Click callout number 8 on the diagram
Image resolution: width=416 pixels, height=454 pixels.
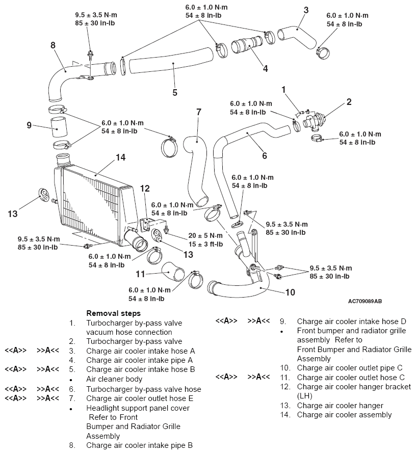(53, 45)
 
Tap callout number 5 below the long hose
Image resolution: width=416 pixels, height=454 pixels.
(174, 92)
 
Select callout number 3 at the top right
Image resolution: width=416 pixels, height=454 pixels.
(306, 10)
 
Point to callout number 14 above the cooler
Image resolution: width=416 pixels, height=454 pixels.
(120, 157)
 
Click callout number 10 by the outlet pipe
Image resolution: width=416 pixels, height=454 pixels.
(290, 292)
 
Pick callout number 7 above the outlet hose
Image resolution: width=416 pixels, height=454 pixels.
(198, 112)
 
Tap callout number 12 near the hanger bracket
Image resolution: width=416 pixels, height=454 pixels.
(145, 189)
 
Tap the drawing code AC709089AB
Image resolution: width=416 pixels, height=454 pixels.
(366, 302)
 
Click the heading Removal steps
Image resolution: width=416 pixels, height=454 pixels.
(114, 313)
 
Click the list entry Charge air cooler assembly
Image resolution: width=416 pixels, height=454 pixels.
(344, 415)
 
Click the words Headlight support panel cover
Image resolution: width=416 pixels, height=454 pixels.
(138, 408)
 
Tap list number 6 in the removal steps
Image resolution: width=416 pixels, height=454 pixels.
(72, 389)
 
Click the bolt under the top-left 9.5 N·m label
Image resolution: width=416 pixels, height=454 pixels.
(90, 52)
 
